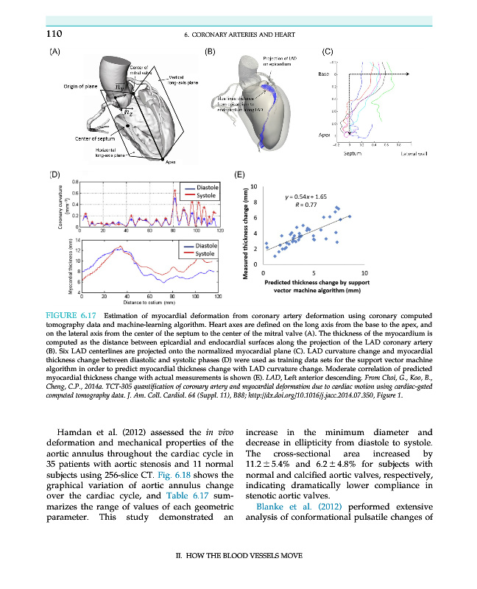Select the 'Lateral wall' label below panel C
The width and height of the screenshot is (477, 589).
(x=395, y=153)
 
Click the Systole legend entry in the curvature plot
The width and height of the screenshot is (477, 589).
(x=200, y=196)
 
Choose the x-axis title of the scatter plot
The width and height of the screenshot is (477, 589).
(x=319, y=286)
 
